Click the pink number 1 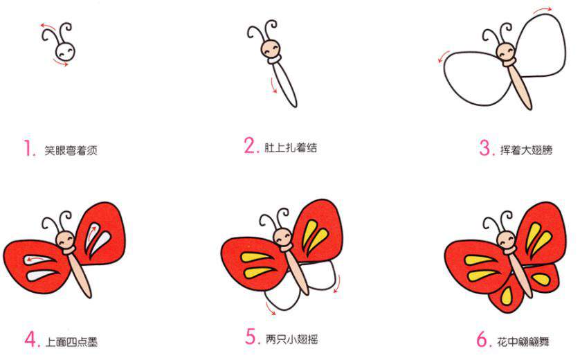[28, 149]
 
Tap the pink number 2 [250, 146]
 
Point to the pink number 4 [30, 339]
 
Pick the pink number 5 [251, 338]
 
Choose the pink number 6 [483, 339]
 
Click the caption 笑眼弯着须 [69, 150]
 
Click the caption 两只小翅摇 [291, 339]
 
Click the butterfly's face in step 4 [67, 239]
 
